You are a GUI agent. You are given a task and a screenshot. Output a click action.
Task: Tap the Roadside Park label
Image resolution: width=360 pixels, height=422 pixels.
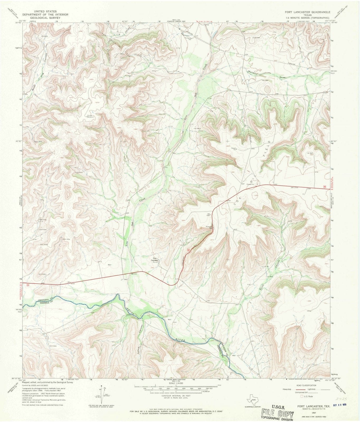tap(209, 227)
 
